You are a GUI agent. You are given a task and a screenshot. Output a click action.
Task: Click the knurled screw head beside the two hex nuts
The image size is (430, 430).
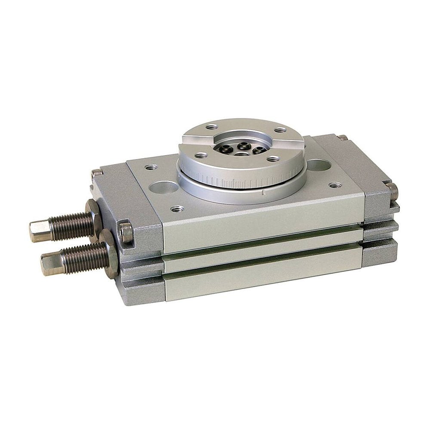[126, 232]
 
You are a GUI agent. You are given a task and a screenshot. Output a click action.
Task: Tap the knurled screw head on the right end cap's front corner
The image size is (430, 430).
[392, 191]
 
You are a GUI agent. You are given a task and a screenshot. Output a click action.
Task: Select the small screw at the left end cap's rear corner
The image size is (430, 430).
[97, 174]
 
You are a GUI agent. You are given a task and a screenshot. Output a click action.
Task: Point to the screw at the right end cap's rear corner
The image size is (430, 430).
[342, 138]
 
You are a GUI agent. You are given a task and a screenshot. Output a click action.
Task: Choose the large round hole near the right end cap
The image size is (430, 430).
[318, 165]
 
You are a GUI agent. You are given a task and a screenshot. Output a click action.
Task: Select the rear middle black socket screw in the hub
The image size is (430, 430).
[243, 145]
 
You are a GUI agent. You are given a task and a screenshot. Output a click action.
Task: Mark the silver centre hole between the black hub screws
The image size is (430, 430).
[243, 154]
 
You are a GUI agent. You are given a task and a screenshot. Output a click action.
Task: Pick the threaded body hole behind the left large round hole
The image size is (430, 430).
[150, 167]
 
